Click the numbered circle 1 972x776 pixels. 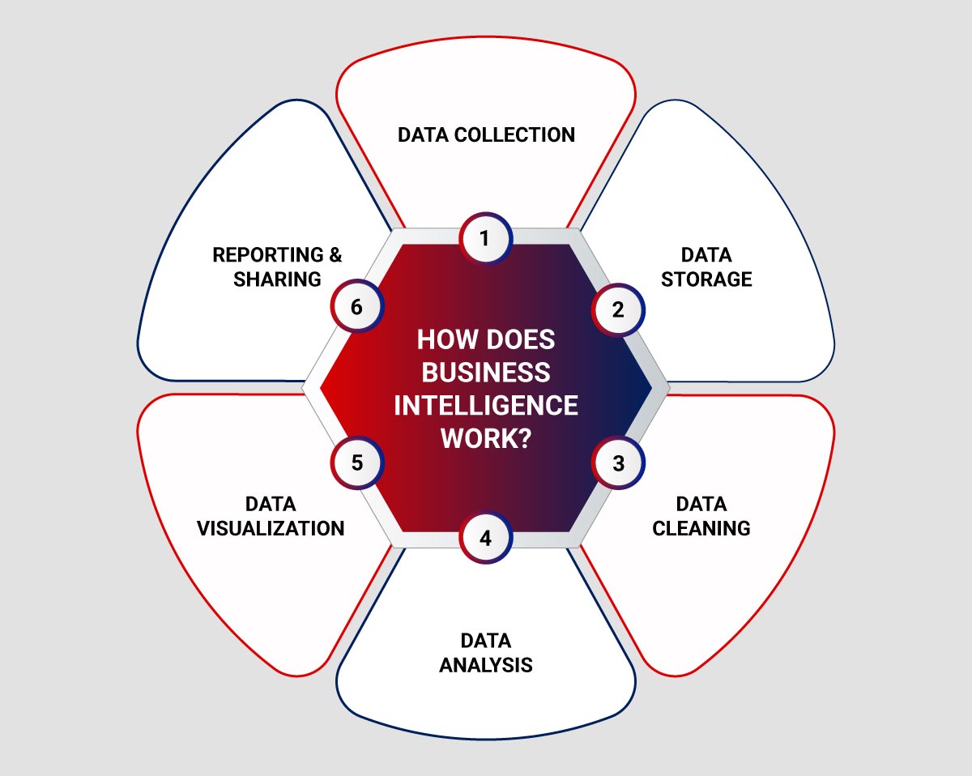(485, 239)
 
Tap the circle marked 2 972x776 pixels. (618, 309)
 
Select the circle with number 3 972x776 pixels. (618, 463)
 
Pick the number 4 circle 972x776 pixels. (485, 538)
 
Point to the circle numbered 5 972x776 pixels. (357, 463)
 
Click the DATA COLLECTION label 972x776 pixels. (486, 134)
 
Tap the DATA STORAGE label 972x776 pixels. (706, 267)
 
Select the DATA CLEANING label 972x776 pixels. (701, 516)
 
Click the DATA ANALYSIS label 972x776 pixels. (486, 653)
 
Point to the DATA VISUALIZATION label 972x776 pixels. (271, 516)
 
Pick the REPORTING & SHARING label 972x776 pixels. (277, 267)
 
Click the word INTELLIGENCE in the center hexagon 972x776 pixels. (486, 405)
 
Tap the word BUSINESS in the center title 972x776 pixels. (486, 373)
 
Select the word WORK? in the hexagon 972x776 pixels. (486, 438)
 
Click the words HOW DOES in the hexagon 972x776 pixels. (486, 339)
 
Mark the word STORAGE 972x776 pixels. (706, 279)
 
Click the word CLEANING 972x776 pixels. (701, 528)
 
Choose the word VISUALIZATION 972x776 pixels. (271, 528)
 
